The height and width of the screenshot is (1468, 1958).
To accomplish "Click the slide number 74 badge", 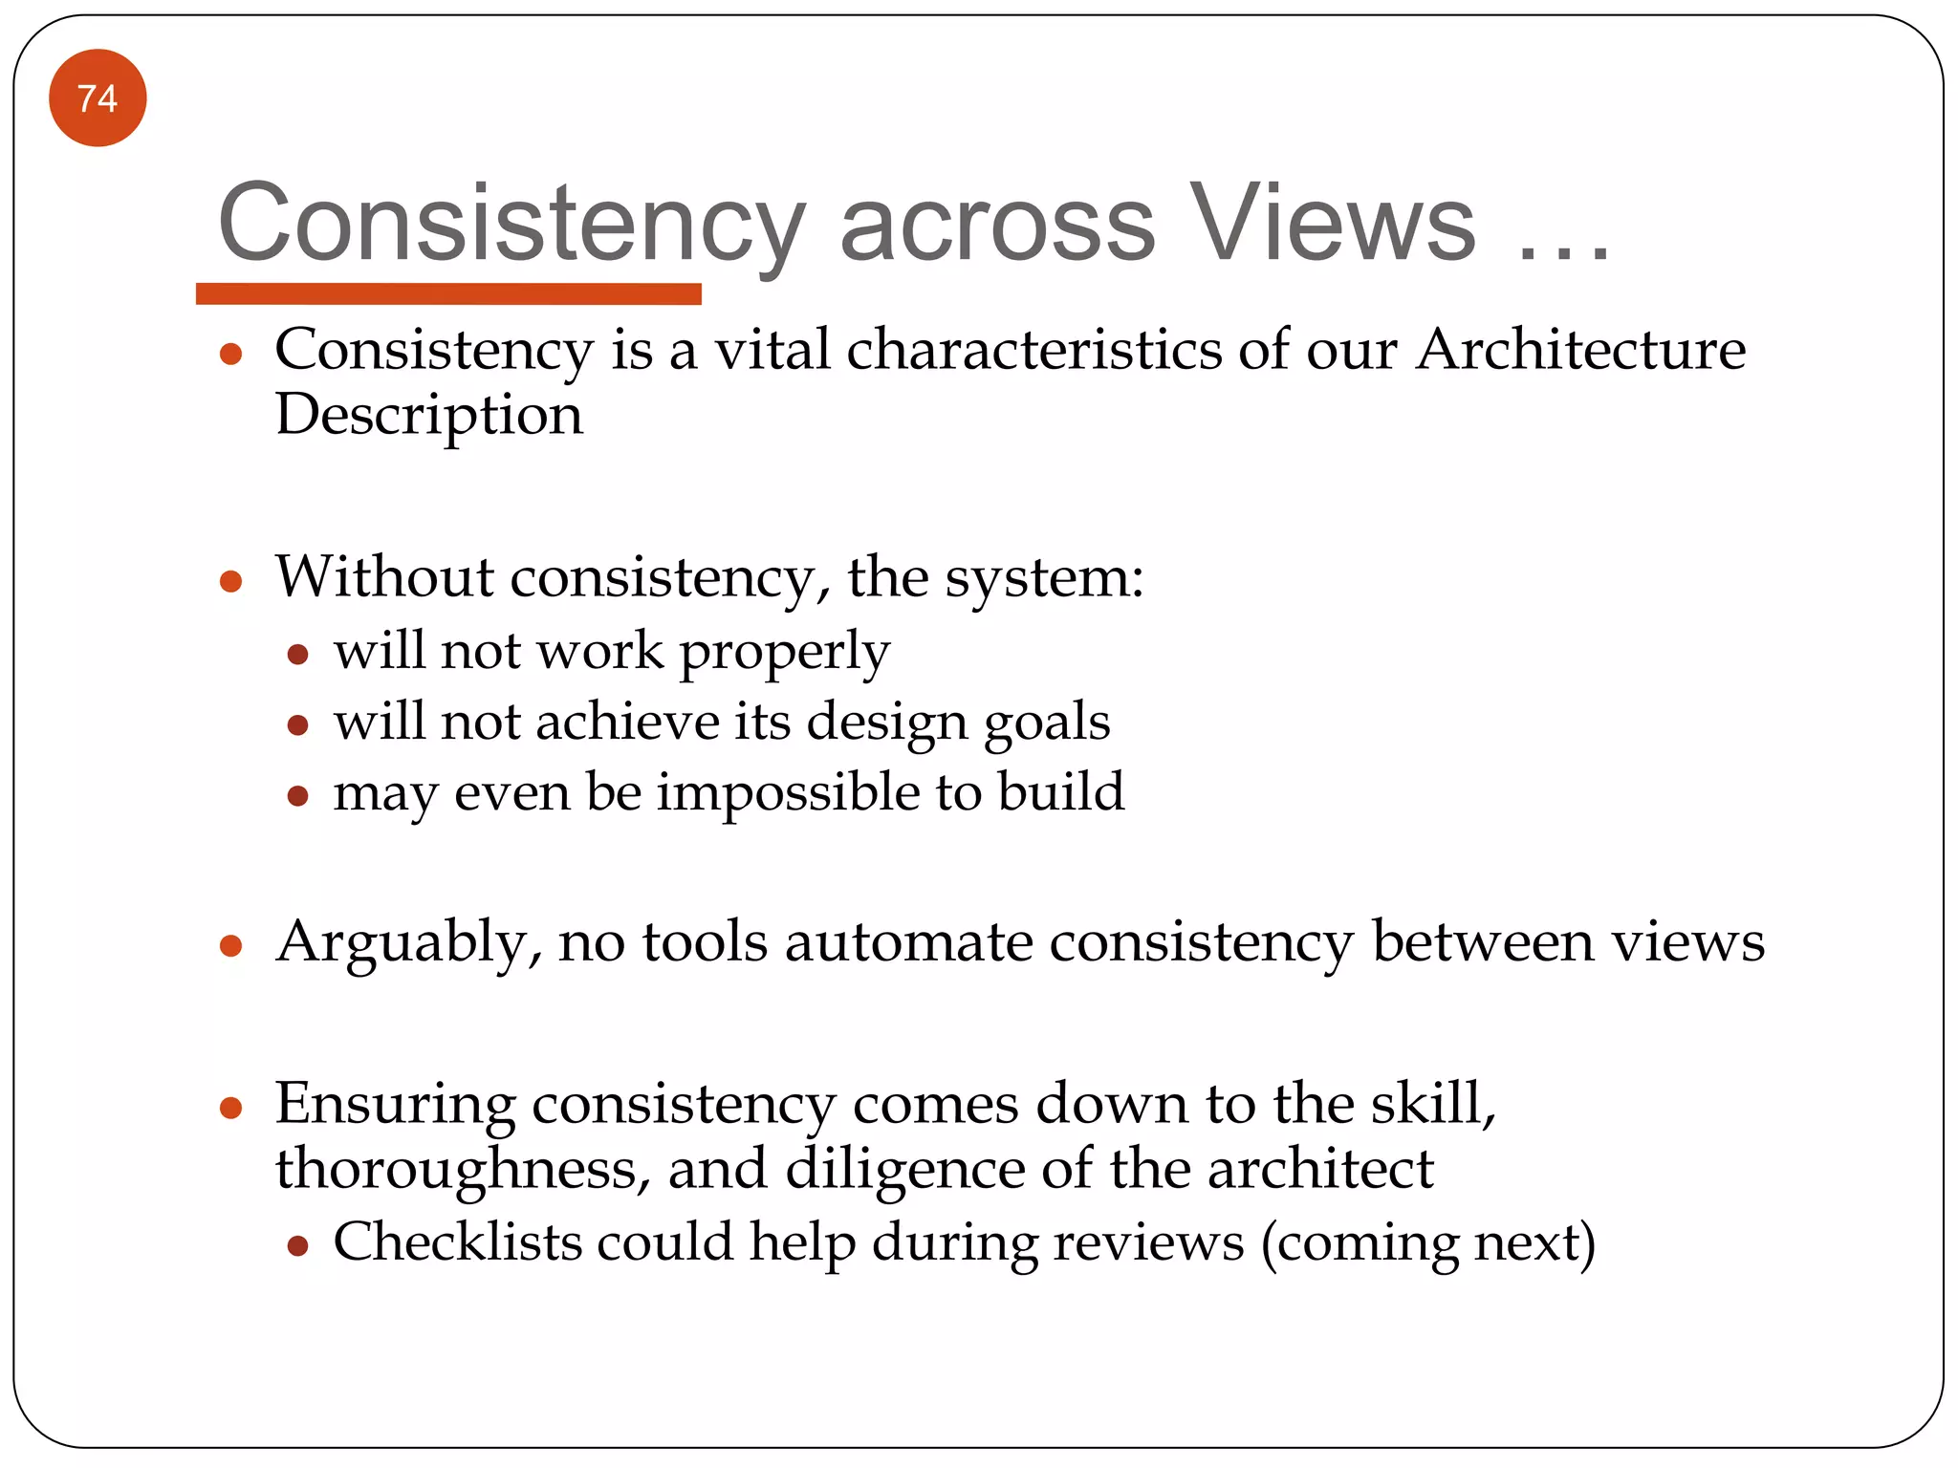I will pyautogui.click(x=98, y=98).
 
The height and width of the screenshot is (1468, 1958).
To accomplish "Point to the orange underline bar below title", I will pyautogui.click(x=448, y=293).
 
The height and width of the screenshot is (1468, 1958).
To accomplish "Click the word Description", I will pyautogui.click(x=429, y=416).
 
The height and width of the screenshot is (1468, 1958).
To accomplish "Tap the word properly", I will pyautogui.click(x=784, y=654).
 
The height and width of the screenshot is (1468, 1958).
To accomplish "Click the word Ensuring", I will pyautogui.click(x=395, y=1105).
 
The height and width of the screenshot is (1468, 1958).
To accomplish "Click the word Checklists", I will pyautogui.click(x=458, y=1242).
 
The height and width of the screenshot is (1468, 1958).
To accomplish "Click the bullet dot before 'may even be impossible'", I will pyautogui.click(x=297, y=795).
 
